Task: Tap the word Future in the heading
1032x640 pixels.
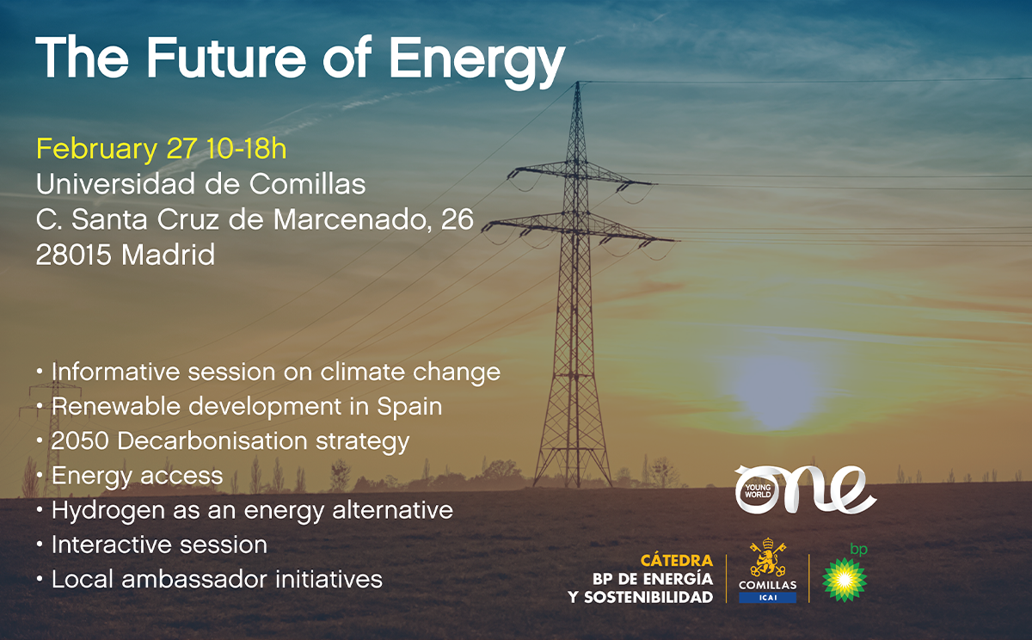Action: (225, 57)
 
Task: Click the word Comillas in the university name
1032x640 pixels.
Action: (307, 184)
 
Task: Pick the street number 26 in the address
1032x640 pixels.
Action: (457, 218)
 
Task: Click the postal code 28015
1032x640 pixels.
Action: (74, 255)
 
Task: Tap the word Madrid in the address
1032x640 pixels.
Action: (169, 254)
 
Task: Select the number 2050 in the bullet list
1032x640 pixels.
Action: (80, 441)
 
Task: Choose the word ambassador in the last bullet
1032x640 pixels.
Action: (194, 579)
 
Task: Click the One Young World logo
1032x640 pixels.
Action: (805, 489)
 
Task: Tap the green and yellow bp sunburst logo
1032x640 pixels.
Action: (845, 580)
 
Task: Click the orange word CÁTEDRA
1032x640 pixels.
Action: (677, 560)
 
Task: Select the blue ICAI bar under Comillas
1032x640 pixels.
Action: (767, 598)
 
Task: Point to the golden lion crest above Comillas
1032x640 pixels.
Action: (767, 557)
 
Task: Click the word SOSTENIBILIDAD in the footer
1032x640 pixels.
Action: (648, 597)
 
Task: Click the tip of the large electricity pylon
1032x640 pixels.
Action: (578, 83)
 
